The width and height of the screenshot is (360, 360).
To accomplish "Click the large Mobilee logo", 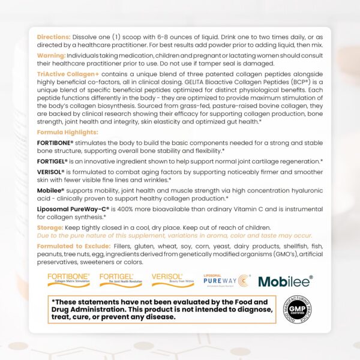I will click(x=285, y=281).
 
